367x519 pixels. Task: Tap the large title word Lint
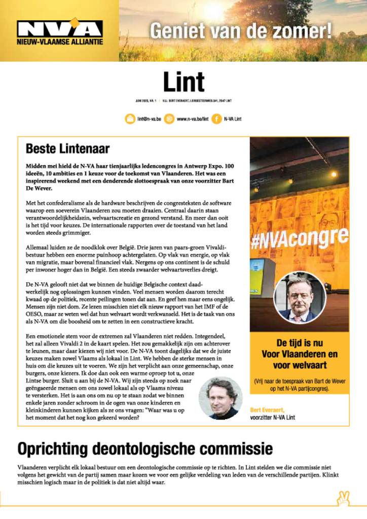click(x=183, y=82)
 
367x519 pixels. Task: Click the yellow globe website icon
click(x=169, y=119)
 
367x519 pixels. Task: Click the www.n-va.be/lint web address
click(x=193, y=119)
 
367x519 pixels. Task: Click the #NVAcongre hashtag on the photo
click(x=300, y=238)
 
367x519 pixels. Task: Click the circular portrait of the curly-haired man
click(x=220, y=397)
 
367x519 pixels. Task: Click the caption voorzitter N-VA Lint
click(x=272, y=418)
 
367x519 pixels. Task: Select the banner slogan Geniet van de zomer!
click(x=241, y=31)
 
